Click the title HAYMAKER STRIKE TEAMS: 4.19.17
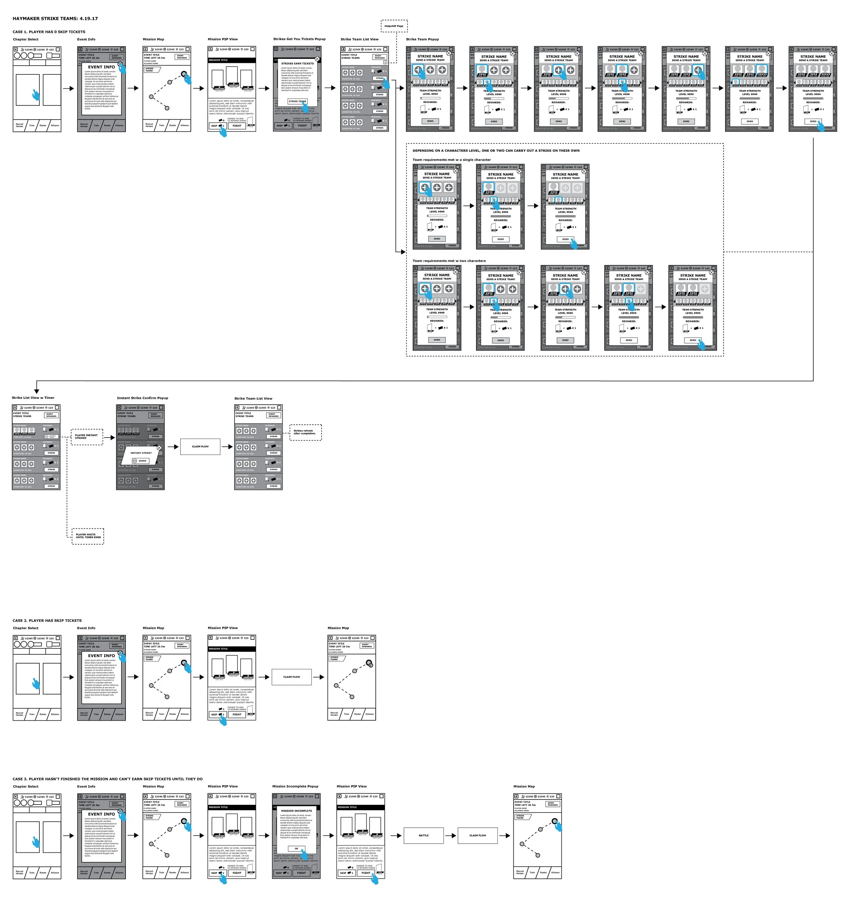click(55, 19)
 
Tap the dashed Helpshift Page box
click(394, 26)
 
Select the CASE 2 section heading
click(47, 620)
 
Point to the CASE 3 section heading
click(107, 779)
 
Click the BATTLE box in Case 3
click(424, 836)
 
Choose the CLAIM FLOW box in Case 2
click(292, 677)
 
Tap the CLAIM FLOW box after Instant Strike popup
click(200, 446)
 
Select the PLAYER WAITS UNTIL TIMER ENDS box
click(88, 536)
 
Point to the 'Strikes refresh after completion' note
click(305, 433)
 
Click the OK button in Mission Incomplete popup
click(296, 848)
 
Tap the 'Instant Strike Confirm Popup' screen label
click(142, 398)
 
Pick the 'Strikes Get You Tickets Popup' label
click(300, 39)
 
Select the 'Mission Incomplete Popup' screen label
click(295, 787)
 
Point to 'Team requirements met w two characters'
click(449, 261)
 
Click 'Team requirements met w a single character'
click(451, 160)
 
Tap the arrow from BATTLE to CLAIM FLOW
click(451, 836)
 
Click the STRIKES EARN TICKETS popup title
click(297, 64)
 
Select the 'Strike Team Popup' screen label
click(422, 39)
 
